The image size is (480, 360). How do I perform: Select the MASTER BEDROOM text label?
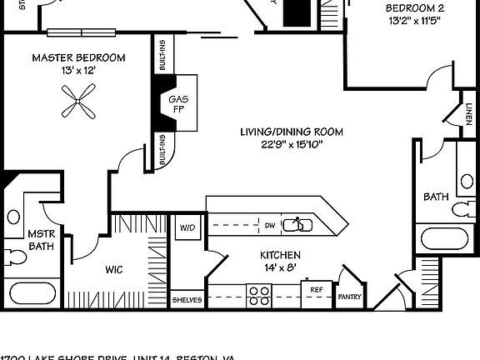point(78,57)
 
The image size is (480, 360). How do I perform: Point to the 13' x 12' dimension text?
point(78,72)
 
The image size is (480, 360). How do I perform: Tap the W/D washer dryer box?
point(186,227)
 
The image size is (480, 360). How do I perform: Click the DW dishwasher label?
point(269,225)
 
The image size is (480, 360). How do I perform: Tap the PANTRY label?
point(347,296)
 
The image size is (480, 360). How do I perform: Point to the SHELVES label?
point(187,299)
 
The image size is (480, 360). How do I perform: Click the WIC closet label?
point(114,269)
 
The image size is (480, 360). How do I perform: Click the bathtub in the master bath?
point(33,293)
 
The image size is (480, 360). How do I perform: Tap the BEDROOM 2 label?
point(408,8)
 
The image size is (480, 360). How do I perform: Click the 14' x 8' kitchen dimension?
point(280,268)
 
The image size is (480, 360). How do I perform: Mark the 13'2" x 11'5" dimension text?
point(408,22)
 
